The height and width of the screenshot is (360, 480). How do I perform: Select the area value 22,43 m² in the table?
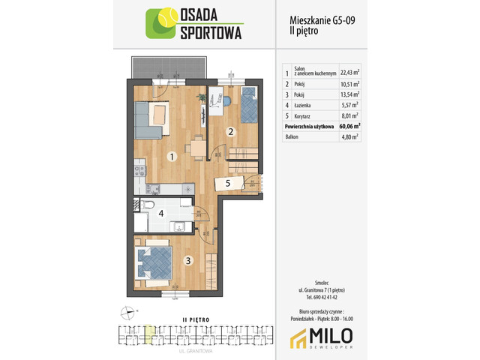[x=349, y=73]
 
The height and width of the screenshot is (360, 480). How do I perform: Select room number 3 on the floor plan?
[x=189, y=260]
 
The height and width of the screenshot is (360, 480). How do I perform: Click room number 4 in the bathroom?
[x=161, y=214]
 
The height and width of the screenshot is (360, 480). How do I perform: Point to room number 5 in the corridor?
[x=227, y=182]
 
